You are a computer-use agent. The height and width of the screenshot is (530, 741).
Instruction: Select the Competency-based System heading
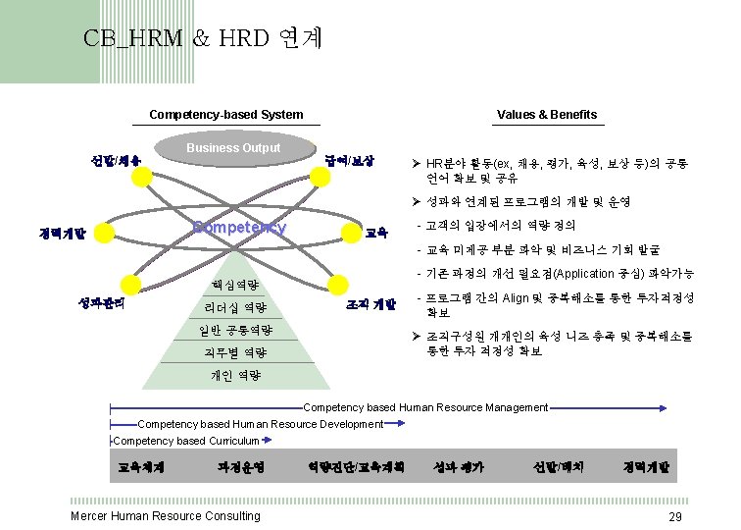coord(225,115)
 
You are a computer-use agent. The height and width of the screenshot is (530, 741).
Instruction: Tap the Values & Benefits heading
coord(547,115)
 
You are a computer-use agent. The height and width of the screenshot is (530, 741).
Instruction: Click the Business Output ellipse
coord(233,148)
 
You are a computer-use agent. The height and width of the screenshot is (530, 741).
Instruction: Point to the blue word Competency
coord(240,228)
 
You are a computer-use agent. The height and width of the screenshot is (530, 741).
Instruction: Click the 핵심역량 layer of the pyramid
coord(235,286)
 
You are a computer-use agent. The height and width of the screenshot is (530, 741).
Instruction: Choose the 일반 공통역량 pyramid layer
coord(235,330)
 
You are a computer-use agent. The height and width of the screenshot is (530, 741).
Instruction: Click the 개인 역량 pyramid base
coord(235,375)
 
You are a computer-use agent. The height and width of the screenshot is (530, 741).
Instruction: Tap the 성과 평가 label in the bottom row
coord(458,468)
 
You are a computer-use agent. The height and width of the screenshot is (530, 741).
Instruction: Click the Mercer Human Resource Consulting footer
coord(166,516)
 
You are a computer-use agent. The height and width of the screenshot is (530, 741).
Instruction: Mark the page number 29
coord(674,517)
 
